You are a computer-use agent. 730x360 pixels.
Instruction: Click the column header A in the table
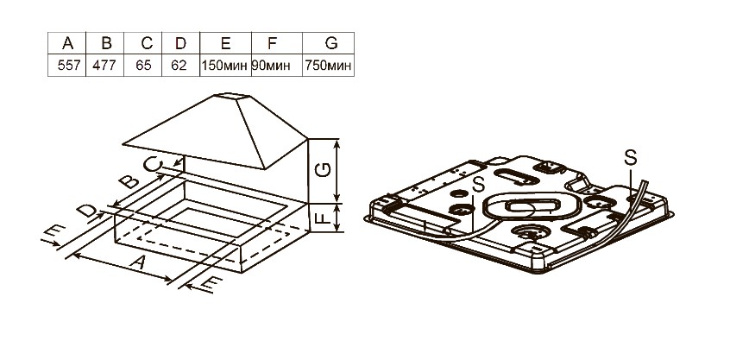tap(67, 43)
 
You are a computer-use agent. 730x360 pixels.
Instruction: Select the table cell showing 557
tap(67, 66)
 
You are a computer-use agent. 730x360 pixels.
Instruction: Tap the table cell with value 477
tap(104, 66)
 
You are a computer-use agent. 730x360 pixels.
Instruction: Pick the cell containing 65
tap(143, 66)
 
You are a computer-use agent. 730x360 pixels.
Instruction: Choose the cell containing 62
tap(180, 66)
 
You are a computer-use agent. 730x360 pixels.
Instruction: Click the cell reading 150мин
tap(225, 66)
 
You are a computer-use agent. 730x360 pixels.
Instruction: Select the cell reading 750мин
tap(328, 66)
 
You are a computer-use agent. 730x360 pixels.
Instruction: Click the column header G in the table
tap(331, 43)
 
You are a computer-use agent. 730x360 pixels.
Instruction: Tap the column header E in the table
tap(225, 43)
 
